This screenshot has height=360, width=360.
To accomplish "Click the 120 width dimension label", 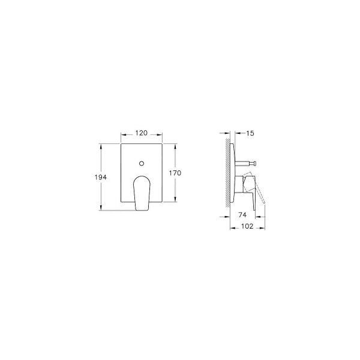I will click(x=142, y=133).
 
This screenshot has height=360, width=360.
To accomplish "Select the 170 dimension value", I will click(x=175, y=173).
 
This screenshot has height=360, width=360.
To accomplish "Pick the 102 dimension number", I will click(x=247, y=227).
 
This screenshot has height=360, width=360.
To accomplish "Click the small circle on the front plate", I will click(x=142, y=163).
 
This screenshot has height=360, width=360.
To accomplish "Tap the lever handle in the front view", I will click(x=141, y=192).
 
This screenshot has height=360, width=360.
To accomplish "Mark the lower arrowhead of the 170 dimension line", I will click(x=175, y=202).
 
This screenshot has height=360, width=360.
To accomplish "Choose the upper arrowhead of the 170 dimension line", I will click(x=175, y=145).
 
